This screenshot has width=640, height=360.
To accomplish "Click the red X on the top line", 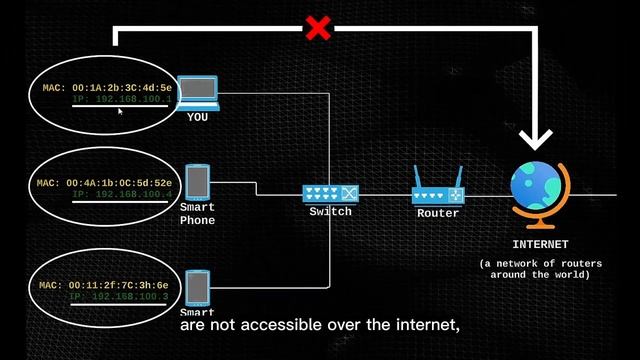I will tap(318, 28).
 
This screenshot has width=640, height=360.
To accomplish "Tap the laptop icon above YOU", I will tap(198, 92).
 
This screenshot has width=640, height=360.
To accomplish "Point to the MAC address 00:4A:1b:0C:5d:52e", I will tap(118, 183).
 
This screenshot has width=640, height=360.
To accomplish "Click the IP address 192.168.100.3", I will tap(120, 297).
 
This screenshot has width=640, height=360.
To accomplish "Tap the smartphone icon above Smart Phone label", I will tap(198, 181).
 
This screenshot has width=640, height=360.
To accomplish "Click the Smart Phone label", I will tap(197, 213).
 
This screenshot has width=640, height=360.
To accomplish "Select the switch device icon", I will tap(330, 193).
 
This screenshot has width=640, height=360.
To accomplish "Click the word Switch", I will tap(330, 212).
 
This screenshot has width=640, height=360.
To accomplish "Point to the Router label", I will tap(438, 213).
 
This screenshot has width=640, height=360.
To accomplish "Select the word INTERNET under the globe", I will tap(540, 244).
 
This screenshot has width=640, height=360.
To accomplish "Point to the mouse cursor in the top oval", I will tap(120, 112).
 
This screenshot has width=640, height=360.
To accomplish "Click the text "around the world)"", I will tap(540, 274).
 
